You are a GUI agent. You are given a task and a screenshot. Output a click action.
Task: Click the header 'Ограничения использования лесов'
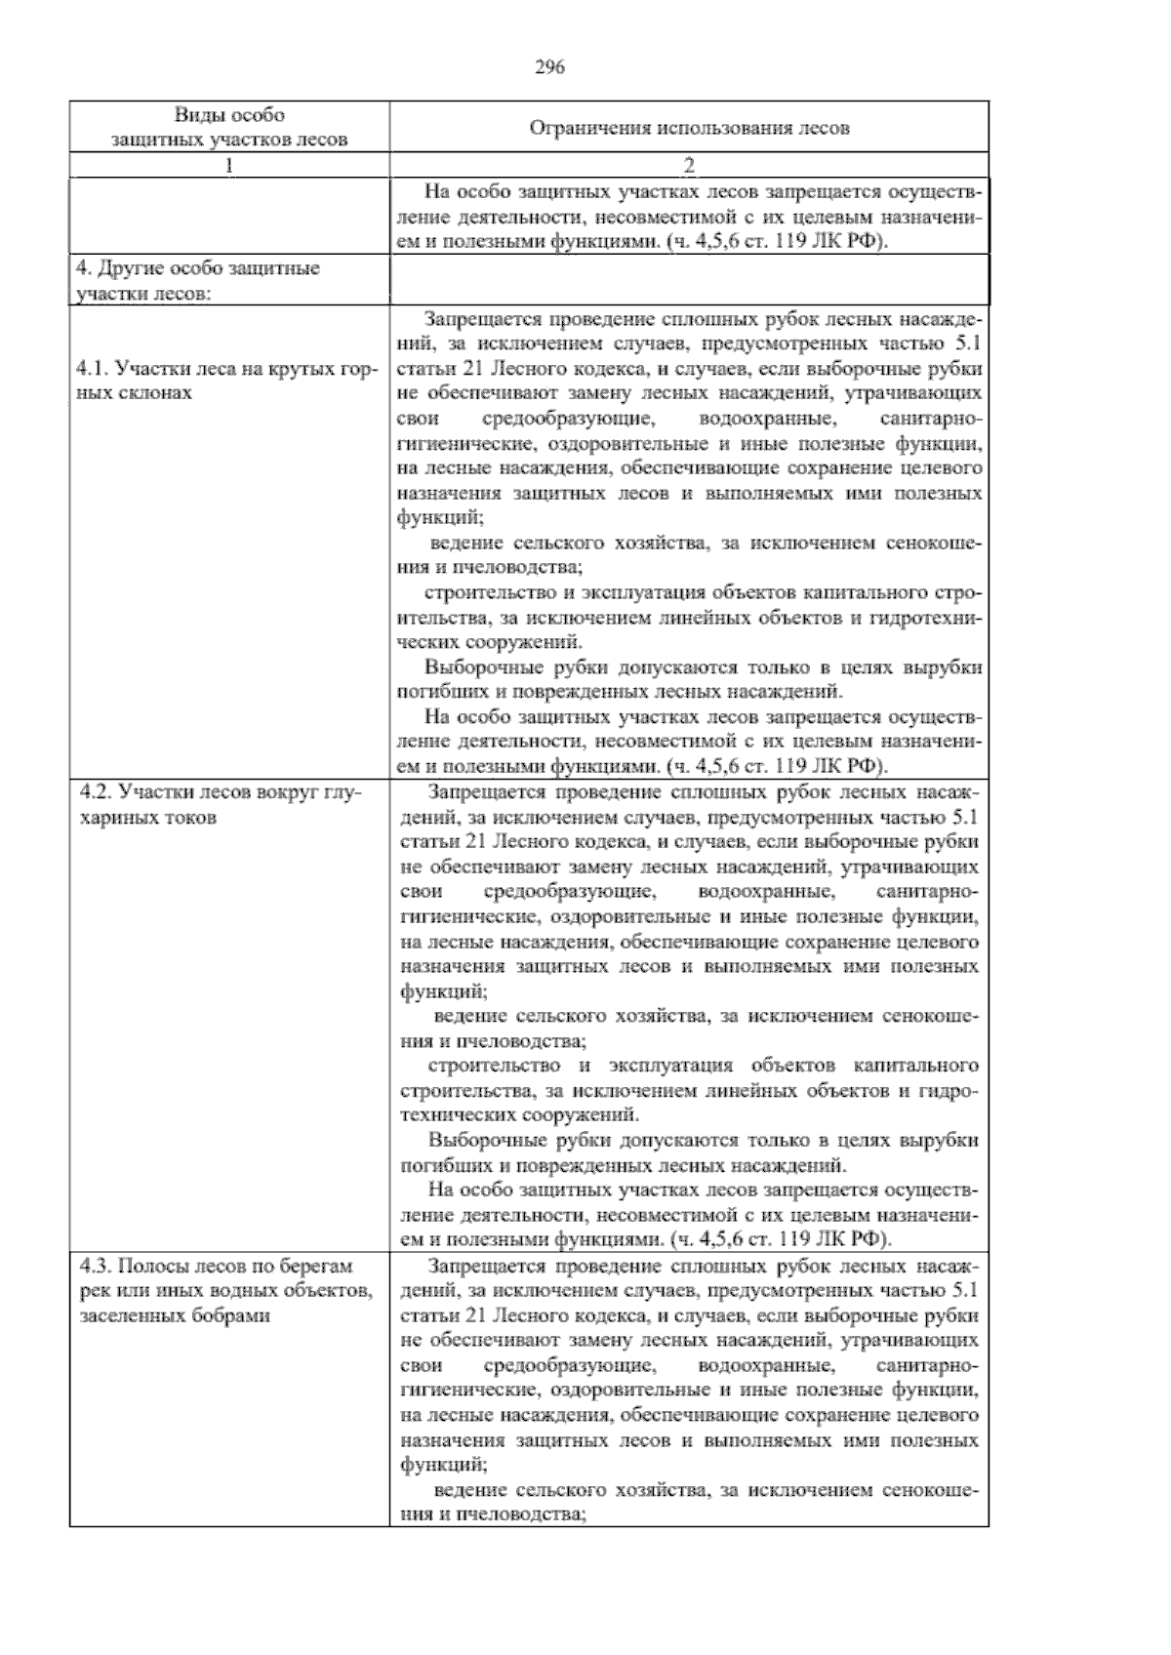tap(689, 128)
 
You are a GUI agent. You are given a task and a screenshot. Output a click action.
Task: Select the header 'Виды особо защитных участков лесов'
tap(230, 128)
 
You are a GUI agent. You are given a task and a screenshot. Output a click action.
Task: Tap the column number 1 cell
tap(229, 165)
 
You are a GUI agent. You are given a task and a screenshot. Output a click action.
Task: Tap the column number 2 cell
tap(689, 165)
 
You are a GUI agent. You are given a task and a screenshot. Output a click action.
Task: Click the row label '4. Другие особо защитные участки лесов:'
tap(198, 280)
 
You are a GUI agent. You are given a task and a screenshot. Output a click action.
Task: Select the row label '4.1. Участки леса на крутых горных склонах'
tap(223, 381)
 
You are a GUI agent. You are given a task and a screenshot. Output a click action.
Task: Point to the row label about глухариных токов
tap(219, 804)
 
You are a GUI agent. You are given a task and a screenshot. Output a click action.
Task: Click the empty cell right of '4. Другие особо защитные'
tap(689, 280)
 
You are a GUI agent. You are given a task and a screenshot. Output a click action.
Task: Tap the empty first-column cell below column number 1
tap(229, 216)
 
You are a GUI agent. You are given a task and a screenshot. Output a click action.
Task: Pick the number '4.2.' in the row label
tap(95, 792)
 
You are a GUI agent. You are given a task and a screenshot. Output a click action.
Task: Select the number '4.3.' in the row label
tap(96, 1266)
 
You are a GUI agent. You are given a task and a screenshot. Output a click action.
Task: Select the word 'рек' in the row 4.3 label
tap(91, 1290)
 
